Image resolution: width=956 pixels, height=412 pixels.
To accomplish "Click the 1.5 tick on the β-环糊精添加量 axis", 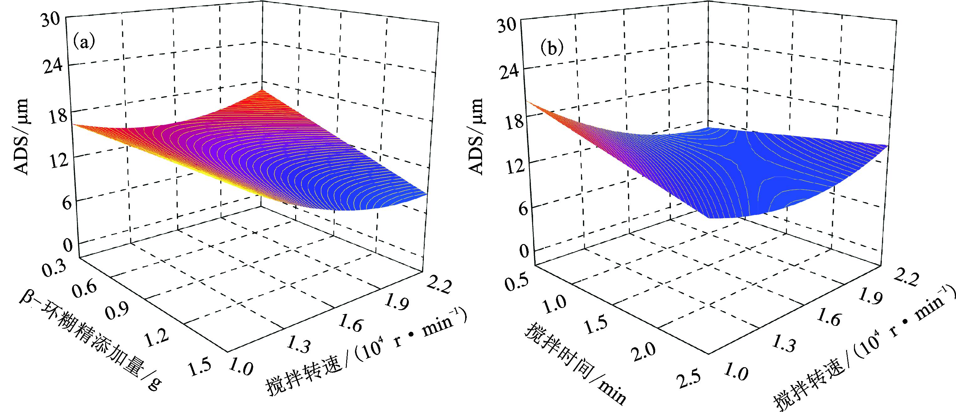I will (x=200, y=368).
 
